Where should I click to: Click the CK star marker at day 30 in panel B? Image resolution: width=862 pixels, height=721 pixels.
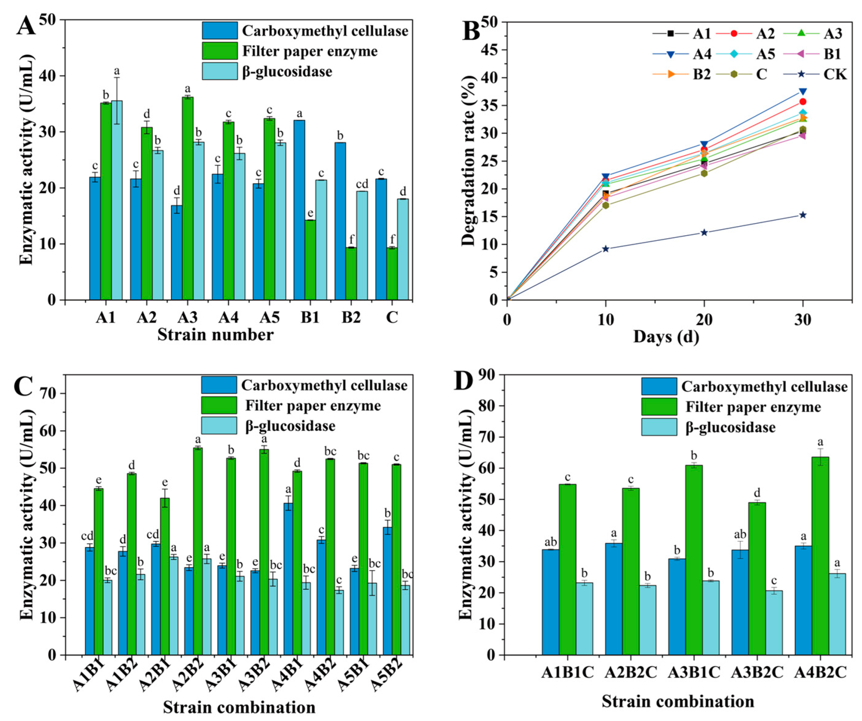pos(802,215)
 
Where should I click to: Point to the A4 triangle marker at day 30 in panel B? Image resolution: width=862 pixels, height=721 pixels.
pos(802,91)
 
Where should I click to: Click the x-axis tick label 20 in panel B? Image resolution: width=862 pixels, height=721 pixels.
pos(704,320)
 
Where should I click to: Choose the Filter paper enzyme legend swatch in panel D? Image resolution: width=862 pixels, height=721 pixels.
pos(659,407)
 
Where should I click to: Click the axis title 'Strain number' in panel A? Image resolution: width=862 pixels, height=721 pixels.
pos(215,335)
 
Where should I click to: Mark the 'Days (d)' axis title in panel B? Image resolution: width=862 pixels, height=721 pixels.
pos(666,337)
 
